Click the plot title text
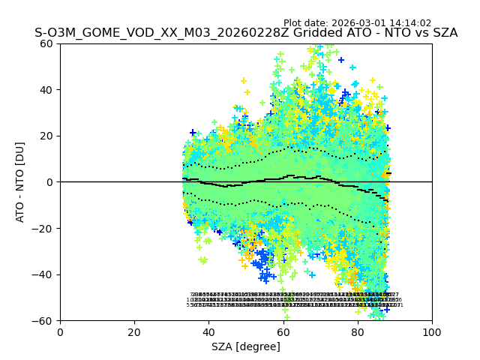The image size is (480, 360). pos(246,33)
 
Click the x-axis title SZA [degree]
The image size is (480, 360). pos(246,346)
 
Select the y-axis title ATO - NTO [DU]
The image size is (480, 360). pos(21,182)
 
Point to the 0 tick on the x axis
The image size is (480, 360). pos(60,332)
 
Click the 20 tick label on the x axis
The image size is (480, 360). pos(134,332)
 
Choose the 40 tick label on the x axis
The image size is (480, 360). pos(208,332)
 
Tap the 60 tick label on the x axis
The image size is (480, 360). pos(283,332)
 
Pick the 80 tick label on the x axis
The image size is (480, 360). pos(358,332)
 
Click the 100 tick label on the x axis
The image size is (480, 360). pos(432,332)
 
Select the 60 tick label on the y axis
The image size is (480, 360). pos(46,43)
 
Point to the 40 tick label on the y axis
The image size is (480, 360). pos(46,90)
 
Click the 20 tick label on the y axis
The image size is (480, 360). pos(46,136)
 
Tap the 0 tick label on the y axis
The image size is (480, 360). pos(49,182)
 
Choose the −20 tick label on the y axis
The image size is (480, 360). pos(43,229)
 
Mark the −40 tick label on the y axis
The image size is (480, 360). pos(43,274)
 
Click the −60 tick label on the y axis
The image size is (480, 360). pos(43,321)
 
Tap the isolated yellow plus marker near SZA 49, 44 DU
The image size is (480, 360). pos(244,81)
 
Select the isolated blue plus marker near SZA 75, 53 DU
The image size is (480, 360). pos(340,60)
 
